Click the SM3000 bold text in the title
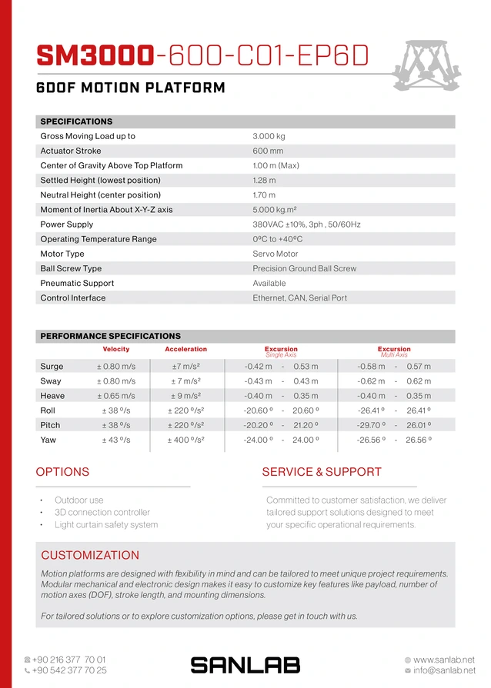(x=95, y=55)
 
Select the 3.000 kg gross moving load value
(x=269, y=136)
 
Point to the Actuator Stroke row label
(x=71, y=151)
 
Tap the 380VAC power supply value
(x=306, y=224)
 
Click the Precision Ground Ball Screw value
(x=304, y=268)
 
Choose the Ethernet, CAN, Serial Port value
(x=299, y=297)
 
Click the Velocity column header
(x=116, y=349)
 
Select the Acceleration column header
(x=185, y=349)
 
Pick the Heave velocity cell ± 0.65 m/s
(x=116, y=396)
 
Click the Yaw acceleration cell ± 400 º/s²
(x=185, y=440)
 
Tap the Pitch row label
(x=50, y=425)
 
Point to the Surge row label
(x=52, y=367)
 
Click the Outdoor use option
(x=78, y=500)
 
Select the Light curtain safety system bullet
(x=106, y=525)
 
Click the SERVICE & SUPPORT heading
(x=321, y=472)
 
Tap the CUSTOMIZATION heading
(x=90, y=555)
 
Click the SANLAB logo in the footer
(x=245, y=665)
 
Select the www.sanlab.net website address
(x=443, y=660)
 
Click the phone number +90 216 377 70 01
(x=68, y=660)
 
